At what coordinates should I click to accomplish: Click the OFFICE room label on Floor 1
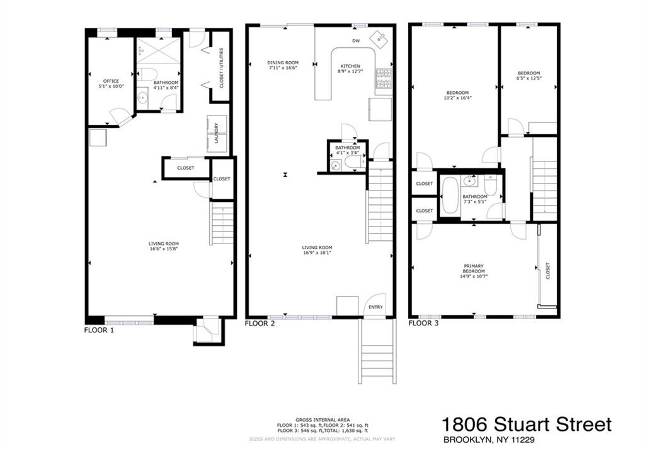pyautogui.click(x=110, y=81)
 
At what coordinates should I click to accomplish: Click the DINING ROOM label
pyautogui.click(x=283, y=62)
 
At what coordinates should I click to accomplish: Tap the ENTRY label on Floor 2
pyautogui.click(x=375, y=307)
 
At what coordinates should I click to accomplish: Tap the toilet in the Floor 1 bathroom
pyautogui.click(x=147, y=74)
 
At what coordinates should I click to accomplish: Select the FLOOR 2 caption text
pyautogui.click(x=260, y=324)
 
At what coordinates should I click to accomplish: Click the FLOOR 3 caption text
pyautogui.click(x=423, y=324)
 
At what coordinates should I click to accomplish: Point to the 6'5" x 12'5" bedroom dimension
pyautogui.click(x=528, y=78)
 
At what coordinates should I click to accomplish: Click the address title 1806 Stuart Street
pyautogui.click(x=526, y=424)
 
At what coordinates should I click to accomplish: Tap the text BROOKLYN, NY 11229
pyautogui.click(x=488, y=440)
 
